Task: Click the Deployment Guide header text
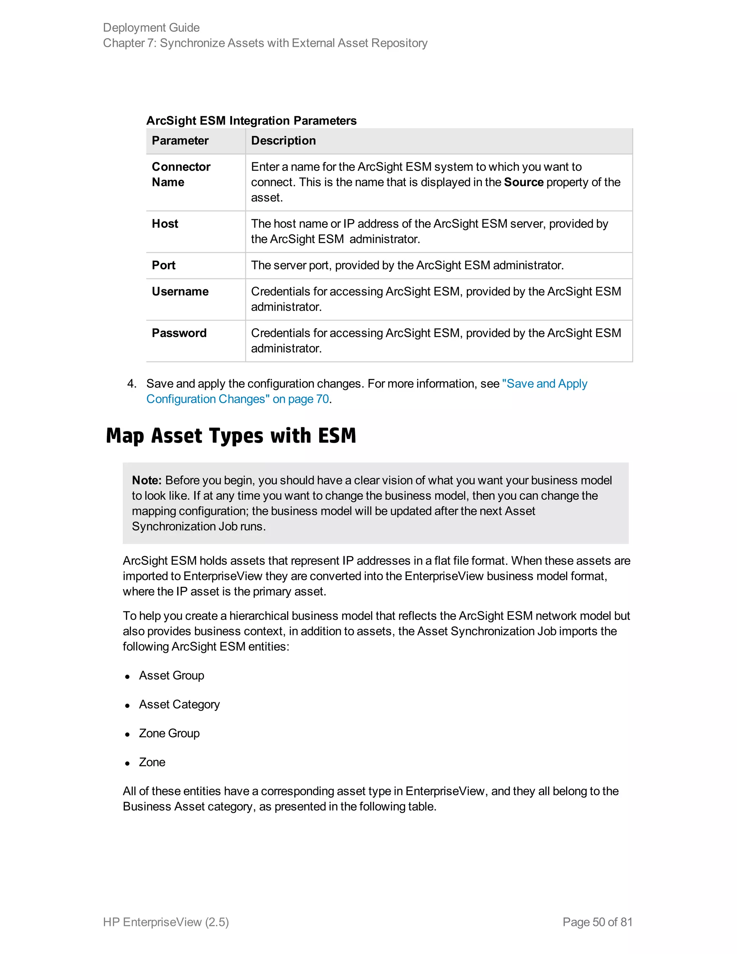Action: pos(151,27)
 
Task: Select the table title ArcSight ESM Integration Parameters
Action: pos(251,121)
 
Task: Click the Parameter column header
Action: pos(180,141)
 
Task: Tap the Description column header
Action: pos(283,141)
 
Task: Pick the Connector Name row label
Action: pos(181,174)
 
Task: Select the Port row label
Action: pos(163,265)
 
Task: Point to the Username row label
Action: pos(180,291)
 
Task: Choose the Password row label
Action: pos(179,333)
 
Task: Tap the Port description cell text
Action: pos(407,265)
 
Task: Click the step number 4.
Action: pos(131,383)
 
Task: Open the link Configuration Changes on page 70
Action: pos(237,399)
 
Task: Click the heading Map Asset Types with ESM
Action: pos(231,436)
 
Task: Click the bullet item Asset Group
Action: pos(171,675)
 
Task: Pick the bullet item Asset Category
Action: pos(179,704)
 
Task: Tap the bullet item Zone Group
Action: pos(169,733)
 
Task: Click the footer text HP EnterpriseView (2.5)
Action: pos(166,922)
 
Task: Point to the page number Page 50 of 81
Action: pos(597,922)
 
